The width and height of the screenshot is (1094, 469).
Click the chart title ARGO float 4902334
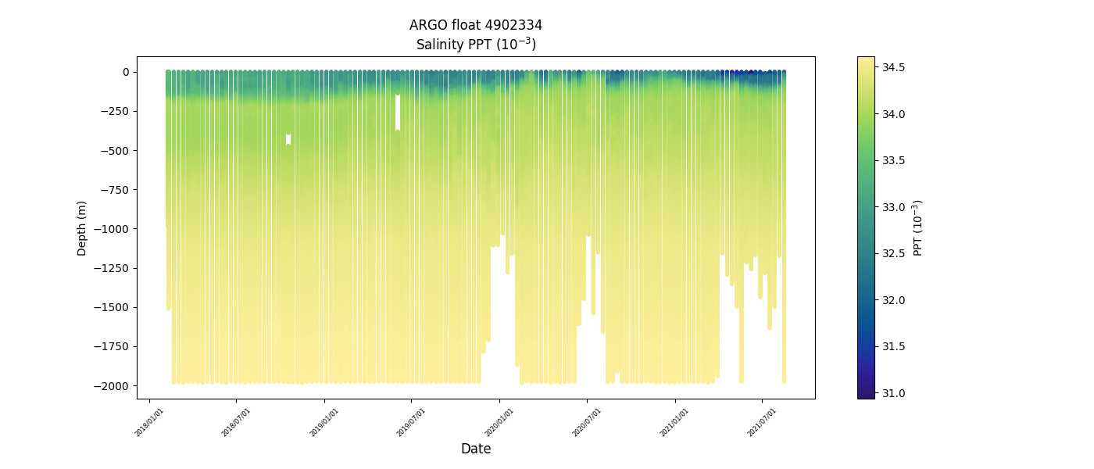tap(475, 25)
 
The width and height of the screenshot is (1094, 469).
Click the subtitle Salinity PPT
tap(475, 45)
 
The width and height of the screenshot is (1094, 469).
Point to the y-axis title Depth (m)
tap(82, 227)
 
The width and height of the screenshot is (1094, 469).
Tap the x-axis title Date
tap(475, 449)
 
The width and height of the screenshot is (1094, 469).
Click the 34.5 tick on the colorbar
tap(893, 68)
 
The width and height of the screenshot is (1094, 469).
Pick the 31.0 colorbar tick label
tap(893, 393)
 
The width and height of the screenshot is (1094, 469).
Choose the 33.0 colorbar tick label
tap(893, 207)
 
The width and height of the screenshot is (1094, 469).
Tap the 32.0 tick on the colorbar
tap(893, 300)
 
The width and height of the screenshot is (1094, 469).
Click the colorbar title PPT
tap(918, 227)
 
